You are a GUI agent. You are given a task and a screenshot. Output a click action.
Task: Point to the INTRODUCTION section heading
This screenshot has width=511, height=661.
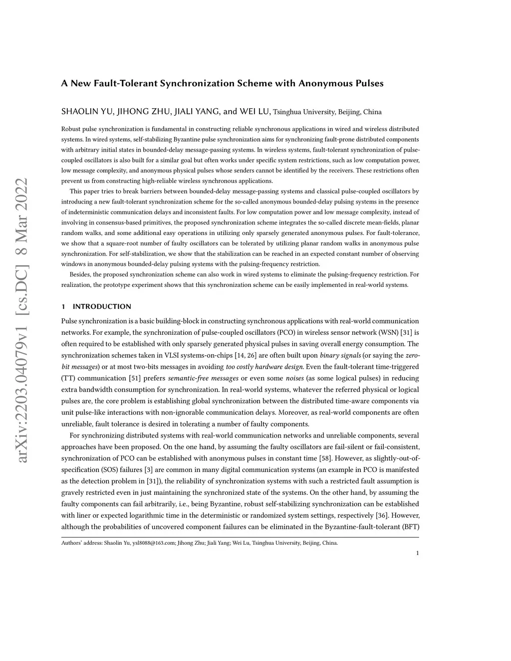(102, 306)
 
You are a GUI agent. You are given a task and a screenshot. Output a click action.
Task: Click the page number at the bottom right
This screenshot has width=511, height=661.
(417, 553)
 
